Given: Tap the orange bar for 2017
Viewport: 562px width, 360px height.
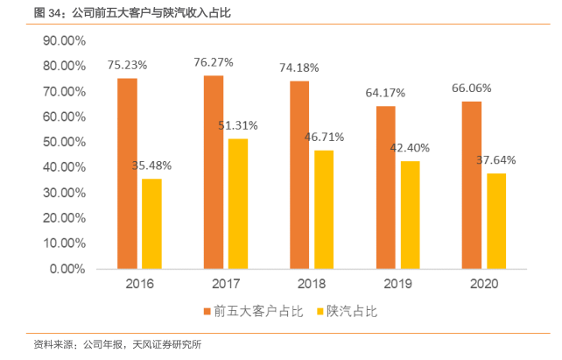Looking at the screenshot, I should click(214, 172).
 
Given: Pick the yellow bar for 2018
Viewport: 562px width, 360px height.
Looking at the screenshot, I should click(324, 209).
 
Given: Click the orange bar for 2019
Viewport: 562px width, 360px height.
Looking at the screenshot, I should click(386, 187).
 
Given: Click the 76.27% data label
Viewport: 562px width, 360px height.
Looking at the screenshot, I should click(214, 61).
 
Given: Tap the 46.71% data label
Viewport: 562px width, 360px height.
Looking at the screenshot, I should click(324, 137).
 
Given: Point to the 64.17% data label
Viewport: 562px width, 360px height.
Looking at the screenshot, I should click(386, 92).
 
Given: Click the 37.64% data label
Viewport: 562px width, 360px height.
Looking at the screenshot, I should click(496, 159).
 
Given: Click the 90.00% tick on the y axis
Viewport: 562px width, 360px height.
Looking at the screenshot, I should click(63, 41).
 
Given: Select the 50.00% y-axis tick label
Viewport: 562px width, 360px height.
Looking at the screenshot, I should click(63, 142).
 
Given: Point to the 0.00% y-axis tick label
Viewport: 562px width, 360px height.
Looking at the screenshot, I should click(67, 269).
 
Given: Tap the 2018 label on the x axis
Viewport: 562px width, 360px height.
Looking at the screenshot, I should click(312, 285).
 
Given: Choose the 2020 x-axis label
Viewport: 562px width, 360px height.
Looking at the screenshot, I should click(484, 285).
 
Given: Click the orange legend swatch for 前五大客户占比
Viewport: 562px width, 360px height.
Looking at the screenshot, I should click(207, 311).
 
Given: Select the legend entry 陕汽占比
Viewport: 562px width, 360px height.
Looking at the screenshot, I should click(350, 311).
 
